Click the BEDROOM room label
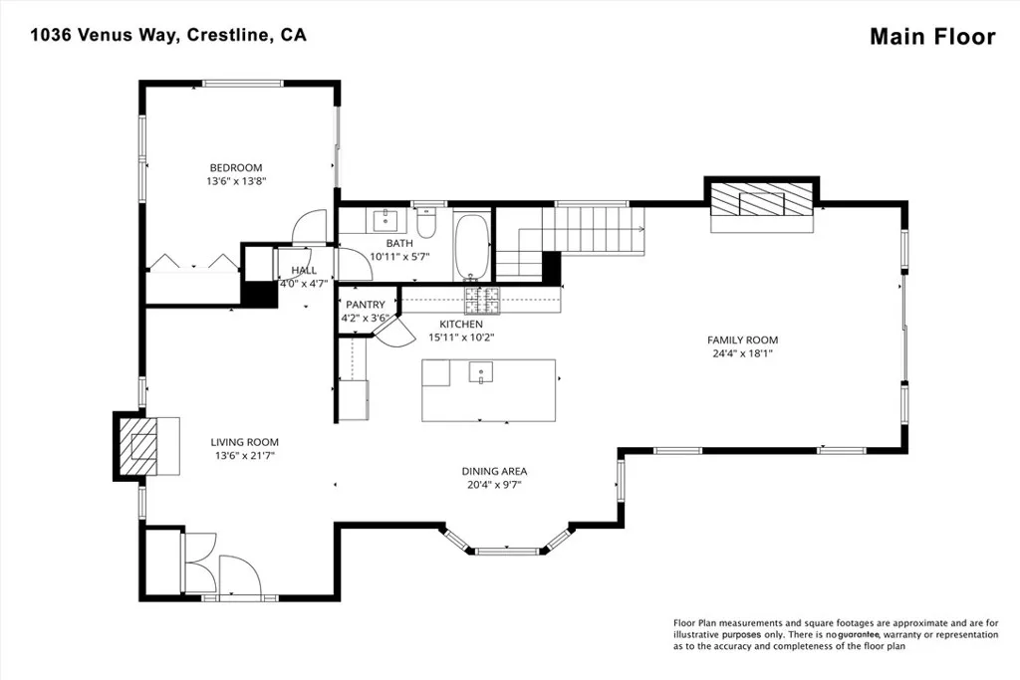point(235,167)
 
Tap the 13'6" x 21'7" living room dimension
point(245,456)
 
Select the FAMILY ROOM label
point(742,340)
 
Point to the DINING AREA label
point(494,471)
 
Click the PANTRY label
point(365,305)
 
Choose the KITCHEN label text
point(461,324)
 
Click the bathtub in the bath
point(473,247)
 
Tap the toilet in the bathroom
point(426,222)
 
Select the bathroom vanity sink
point(386,220)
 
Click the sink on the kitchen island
point(481,371)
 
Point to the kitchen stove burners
point(482,300)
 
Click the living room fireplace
point(137,447)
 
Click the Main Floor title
point(932,37)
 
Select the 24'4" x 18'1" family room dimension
point(742,353)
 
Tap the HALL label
point(304,270)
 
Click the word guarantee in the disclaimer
point(859,634)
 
